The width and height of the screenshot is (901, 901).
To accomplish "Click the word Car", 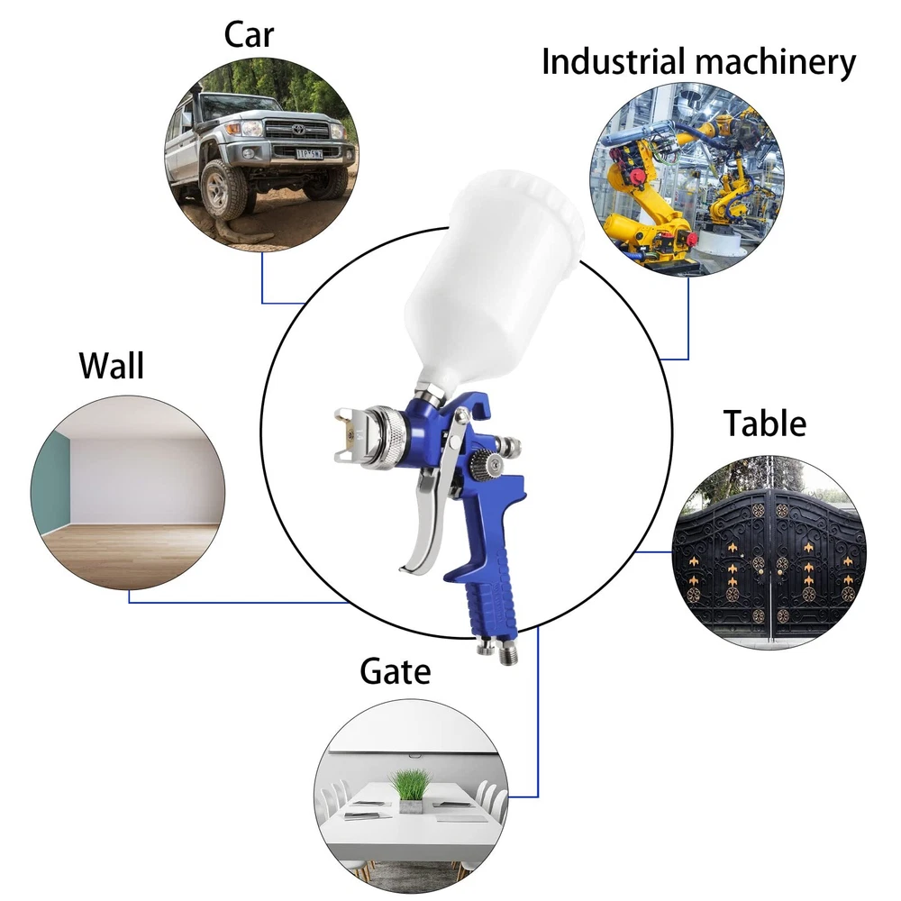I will coord(249,35).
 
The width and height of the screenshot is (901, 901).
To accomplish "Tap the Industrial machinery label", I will coord(698,61).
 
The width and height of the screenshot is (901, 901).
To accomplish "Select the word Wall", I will coord(111,366).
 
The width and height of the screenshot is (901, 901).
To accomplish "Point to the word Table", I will coord(765,423).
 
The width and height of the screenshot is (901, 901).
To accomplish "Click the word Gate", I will coord(395,671).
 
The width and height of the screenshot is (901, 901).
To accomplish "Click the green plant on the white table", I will coord(410,786).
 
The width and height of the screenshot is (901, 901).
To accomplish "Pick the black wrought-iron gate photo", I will coord(769,551).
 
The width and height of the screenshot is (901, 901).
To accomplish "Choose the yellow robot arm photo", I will coord(687,177).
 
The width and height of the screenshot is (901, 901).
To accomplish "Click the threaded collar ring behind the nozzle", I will coord(386,437).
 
